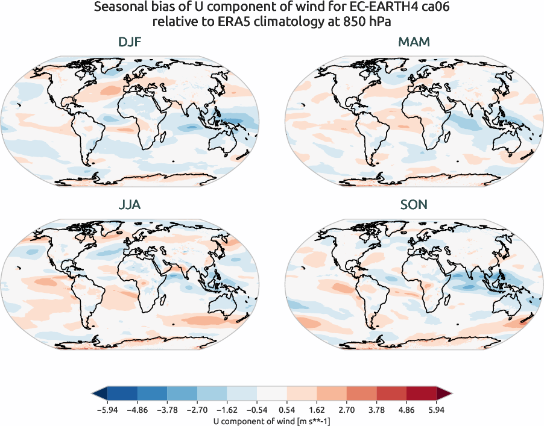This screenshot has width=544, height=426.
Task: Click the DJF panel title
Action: [130, 43]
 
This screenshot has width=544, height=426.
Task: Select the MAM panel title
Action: [414, 43]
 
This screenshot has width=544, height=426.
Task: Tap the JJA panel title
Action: [130, 204]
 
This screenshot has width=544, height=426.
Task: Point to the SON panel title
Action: [414, 204]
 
